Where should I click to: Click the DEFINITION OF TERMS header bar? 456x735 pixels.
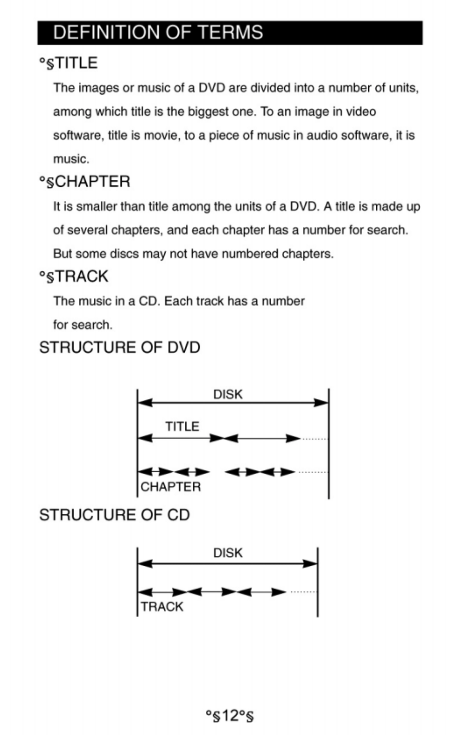[x=230, y=33]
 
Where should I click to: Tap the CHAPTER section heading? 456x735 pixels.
[x=85, y=182]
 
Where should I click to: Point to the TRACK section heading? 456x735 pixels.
[x=74, y=277]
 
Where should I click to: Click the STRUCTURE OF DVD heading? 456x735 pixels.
[x=120, y=348]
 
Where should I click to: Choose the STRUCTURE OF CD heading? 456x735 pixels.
[x=115, y=515]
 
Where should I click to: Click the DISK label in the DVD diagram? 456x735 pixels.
[x=228, y=395]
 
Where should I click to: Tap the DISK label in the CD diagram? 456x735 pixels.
[x=228, y=553]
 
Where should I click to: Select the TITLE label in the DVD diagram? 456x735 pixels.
[x=182, y=426]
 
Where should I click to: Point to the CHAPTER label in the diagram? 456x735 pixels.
[x=170, y=487]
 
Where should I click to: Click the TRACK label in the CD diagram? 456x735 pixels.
[x=162, y=607]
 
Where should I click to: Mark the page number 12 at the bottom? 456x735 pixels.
[x=229, y=716]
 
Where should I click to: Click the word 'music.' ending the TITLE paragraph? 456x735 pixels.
[x=71, y=159]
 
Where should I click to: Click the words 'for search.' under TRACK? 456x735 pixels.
[x=82, y=325]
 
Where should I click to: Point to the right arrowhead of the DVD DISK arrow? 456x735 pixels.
[x=322, y=402]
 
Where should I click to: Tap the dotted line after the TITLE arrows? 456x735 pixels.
[x=314, y=438]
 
